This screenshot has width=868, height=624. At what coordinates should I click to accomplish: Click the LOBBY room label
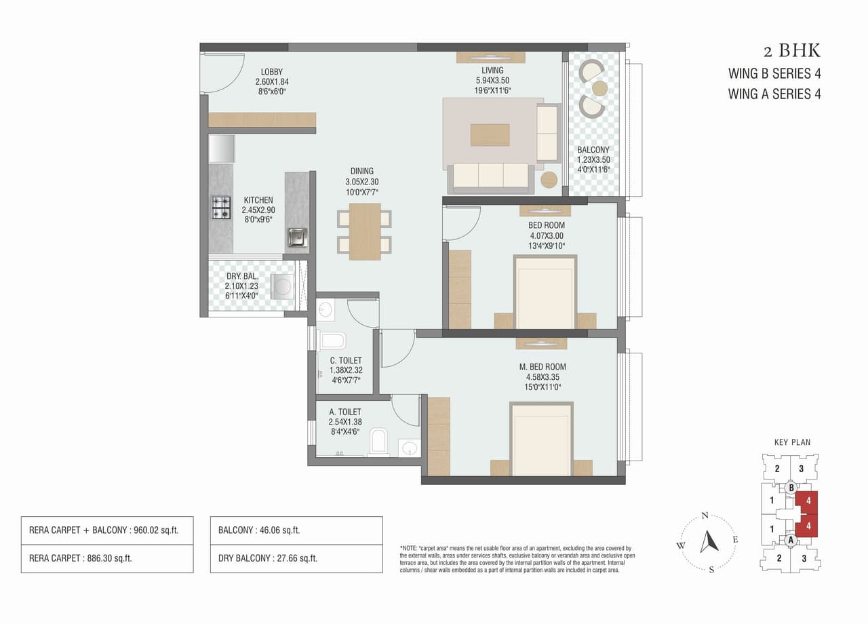(272, 72)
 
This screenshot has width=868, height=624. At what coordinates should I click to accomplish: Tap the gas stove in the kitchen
(221, 208)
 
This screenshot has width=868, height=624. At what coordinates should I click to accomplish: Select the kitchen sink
(296, 237)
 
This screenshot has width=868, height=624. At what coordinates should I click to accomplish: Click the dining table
(364, 231)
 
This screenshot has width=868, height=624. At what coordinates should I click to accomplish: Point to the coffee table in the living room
(490, 134)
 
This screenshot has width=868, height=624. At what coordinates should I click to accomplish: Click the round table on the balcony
(599, 88)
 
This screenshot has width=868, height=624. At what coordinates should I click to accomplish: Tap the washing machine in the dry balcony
(282, 286)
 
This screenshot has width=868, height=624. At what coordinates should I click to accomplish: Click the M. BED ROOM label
(538, 367)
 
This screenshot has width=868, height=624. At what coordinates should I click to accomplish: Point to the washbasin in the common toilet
(325, 310)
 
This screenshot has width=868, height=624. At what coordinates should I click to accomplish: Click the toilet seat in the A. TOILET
(378, 442)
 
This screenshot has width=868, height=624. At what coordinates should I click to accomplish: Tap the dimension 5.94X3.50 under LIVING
(492, 80)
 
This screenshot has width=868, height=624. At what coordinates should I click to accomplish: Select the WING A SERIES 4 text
(774, 94)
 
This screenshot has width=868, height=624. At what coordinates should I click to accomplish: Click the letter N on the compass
(705, 515)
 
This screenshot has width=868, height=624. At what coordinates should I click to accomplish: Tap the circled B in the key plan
(791, 487)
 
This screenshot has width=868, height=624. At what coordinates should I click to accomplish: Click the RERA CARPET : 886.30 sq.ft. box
(106, 559)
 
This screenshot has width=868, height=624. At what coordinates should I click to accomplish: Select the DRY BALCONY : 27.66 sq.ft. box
(296, 559)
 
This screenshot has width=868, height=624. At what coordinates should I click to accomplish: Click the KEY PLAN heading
(792, 442)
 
